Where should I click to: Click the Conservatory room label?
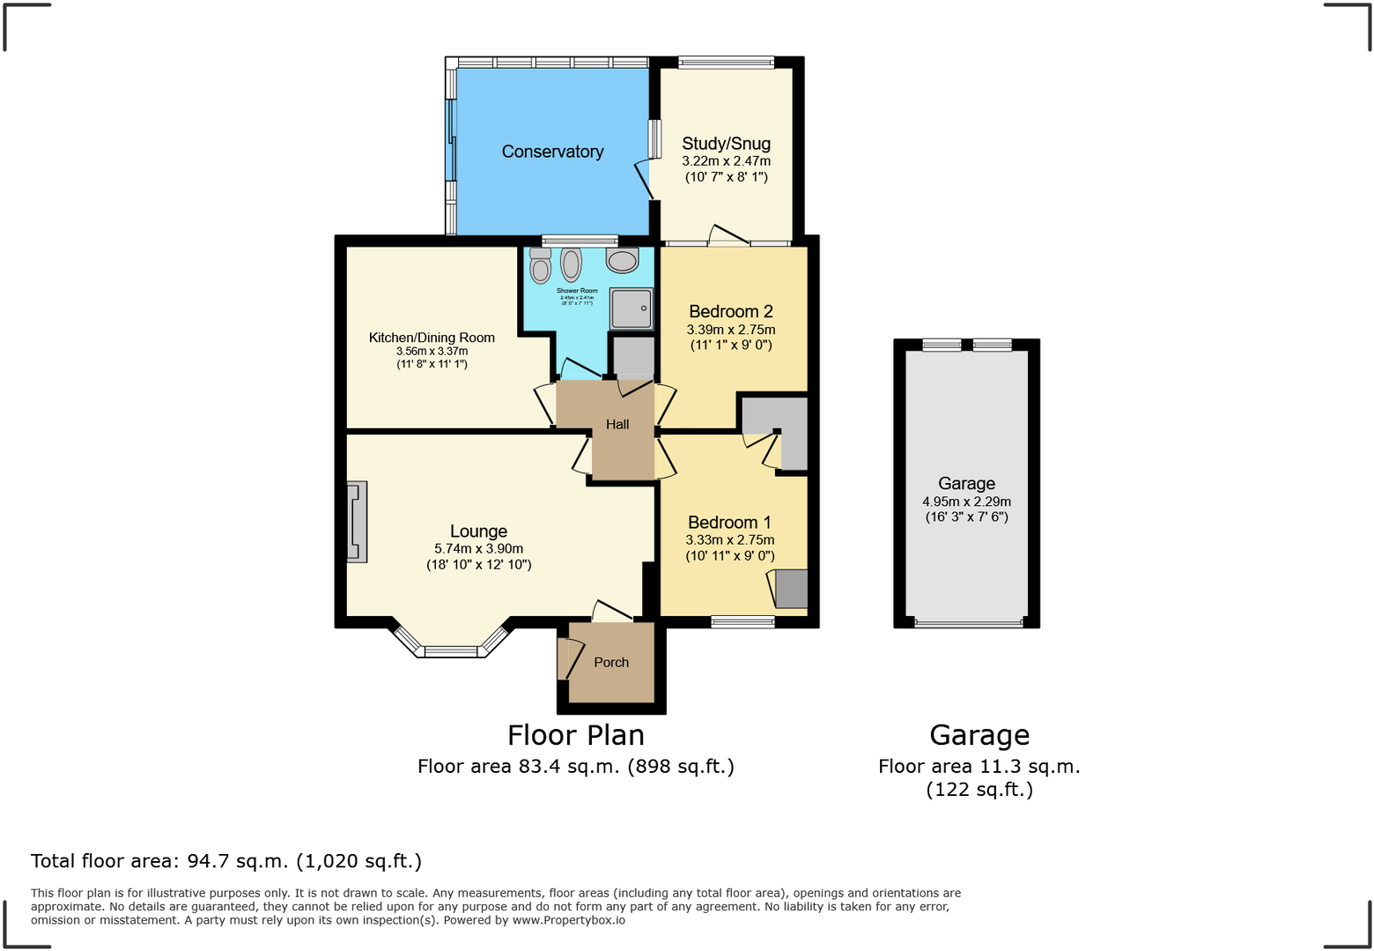(x=552, y=152)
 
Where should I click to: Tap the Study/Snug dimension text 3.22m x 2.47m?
(x=726, y=161)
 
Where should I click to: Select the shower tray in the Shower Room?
(x=632, y=308)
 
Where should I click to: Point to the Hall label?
(x=617, y=425)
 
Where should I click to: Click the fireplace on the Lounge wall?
(x=357, y=522)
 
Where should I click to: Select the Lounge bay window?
(x=451, y=650)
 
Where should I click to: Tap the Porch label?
(x=611, y=663)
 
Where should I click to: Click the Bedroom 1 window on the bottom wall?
(x=742, y=622)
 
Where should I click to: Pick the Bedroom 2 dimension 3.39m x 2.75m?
(x=731, y=330)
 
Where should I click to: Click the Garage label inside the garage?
(x=966, y=483)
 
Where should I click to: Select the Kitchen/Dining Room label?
(x=432, y=338)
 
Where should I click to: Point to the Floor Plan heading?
(x=575, y=735)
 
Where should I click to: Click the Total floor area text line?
(x=226, y=861)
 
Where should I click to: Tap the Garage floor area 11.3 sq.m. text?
(x=979, y=767)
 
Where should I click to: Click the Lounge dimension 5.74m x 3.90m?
(x=478, y=548)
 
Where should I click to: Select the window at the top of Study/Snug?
(x=726, y=63)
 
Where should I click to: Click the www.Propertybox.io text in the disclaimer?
(x=568, y=920)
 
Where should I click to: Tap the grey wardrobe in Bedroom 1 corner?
(x=791, y=589)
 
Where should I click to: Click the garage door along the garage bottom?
(x=969, y=623)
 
